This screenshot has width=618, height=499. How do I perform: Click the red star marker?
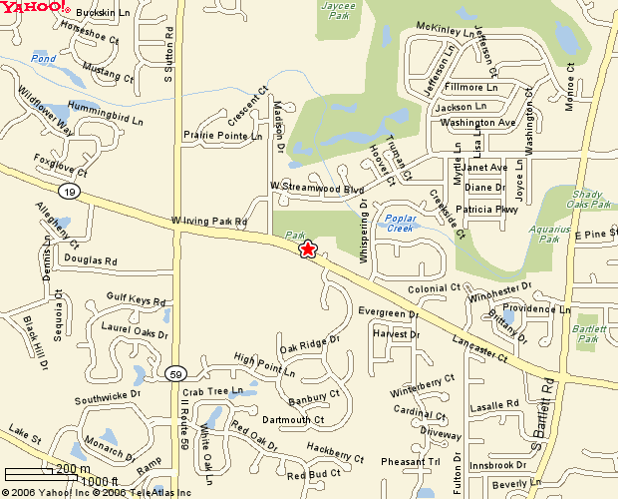click(308, 249)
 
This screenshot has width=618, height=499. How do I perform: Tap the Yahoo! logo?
click(35, 9)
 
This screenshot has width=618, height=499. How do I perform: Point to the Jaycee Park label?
click(339, 10)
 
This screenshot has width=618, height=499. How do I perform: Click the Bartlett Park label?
click(588, 334)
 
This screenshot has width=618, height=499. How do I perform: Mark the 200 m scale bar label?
click(72, 469)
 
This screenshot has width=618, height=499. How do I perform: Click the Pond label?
click(43, 59)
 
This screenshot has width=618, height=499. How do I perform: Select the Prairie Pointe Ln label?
click(222, 135)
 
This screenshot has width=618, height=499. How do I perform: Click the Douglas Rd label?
click(91, 260)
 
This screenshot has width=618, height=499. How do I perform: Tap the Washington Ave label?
click(476, 122)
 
